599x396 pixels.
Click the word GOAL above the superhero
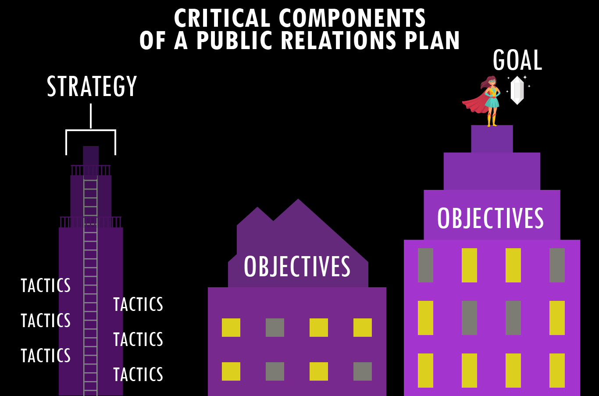tap(517, 61)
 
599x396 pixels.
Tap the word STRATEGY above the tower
tap(92, 86)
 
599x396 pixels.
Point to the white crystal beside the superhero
tap(517, 90)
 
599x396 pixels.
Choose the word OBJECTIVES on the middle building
tap(297, 267)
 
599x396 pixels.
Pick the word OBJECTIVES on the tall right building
tap(490, 218)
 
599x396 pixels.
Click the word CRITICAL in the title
tap(222, 18)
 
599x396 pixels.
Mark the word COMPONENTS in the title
tap(352, 18)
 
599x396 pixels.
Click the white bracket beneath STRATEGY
tap(91, 130)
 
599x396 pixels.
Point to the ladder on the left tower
tap(91, 285)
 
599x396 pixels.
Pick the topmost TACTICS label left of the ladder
tap(46, 286)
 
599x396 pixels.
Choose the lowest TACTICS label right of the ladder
tap(138, 375)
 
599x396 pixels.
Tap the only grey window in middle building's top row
tap(275, 328)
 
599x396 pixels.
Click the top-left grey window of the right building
tap(425, 265)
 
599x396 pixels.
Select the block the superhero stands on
tap(492, 139)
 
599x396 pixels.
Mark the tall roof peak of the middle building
tap(298, 206)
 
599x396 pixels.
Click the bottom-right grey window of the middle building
tap(363, 371)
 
